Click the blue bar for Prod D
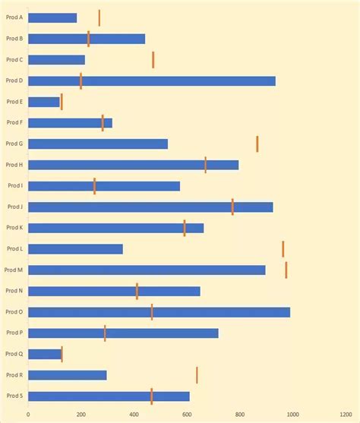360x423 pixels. [152, 81]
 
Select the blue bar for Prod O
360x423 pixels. [159, 312]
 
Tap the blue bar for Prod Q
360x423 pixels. [45, 354]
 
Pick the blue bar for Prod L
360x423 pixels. [75, 249]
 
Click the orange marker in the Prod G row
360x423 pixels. [257, 144]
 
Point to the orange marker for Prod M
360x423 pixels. [286, 270]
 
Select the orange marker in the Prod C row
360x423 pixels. [153, 60]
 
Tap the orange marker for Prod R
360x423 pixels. [197, 375]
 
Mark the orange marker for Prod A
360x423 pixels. [99, 17]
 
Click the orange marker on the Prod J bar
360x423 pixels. [232, 207]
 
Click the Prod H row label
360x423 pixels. [14, 165]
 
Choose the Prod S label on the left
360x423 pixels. [14, 396]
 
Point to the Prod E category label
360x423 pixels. [14, 102]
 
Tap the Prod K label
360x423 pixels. [14, 228]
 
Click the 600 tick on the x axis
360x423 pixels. [187, 414]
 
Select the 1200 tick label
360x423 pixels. [345, 414]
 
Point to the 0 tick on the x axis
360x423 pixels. [28, 414]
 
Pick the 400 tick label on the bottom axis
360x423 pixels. [134, 414]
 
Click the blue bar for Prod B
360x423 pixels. [87, 39]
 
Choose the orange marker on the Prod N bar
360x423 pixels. [137, 291]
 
